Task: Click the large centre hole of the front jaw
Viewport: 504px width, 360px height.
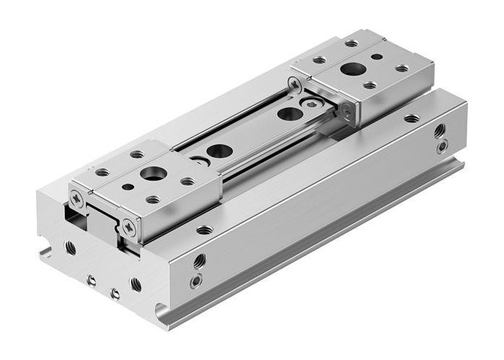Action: click(152, 174)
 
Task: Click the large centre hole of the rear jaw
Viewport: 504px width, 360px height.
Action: click(353, 70)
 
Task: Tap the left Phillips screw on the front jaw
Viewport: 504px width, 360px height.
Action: click(77, 194)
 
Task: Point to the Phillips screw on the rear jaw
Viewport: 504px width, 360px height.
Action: click(296, 85)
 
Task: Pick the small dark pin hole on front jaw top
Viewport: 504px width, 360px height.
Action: click(127, 186)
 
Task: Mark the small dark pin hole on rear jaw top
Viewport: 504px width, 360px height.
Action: click(376, 56)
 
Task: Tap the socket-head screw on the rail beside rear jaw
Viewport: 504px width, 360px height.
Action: click(310, 104)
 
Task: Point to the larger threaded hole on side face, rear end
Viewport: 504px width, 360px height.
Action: click(439, 131)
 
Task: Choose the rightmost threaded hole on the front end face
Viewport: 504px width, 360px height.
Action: click(135, 284)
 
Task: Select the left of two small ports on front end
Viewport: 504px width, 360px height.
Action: click(91, 280)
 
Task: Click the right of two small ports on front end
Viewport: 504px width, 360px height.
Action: click(114, 293)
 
